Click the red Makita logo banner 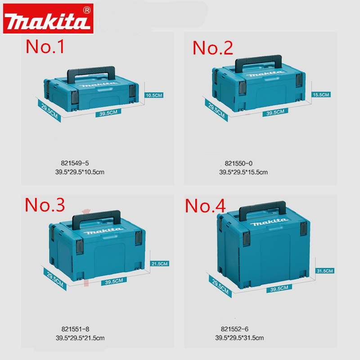pyautogui.click(x=48, y=18)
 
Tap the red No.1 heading pyautogui.click(x=45, y=46)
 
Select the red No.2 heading pyautogui.click(x=212, y=48)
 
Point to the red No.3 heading pyautogui.click(x=45, y=205)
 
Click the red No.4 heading pyautogui.click(x=205, y=206)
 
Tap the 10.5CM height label pyautogui.click(x=154, y=95)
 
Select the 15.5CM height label pyautogui.click(x=321, y=94)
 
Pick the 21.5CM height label pyautogui.click(x=160, y=264)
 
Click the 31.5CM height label pyautogui.click(x=324, y=271)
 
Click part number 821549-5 pyautogui.click(x=75, y=163)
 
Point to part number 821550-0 pyautogui.click(x=238, y=163)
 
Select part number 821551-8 pyautogui.click(x=75, y=329)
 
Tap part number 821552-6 pyautogui.click(x=234, y=329)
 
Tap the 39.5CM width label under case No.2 pyautogui.click(x=275, y=112)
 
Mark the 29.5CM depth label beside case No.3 pyautogui.click(x=55, y=279)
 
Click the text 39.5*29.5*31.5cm pyautogui.click(x=239, y=338)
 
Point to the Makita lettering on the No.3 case pyautogui.click(x=103, y=231)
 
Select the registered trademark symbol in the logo pyautogui.click(x=87, y=10)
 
